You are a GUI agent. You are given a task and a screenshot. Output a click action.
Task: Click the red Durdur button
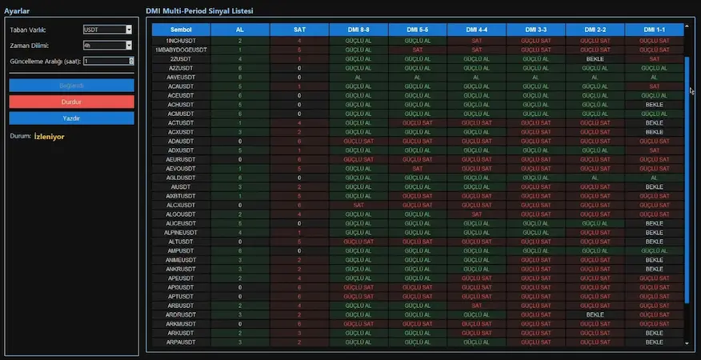(x=71, y=102)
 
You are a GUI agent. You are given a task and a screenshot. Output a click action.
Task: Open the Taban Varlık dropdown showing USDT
(x=107, y=30)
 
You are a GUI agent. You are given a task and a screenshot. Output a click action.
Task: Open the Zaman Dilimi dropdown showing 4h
(x=107, y=46)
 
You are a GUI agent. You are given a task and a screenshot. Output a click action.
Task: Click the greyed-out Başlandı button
(x=71, y=85)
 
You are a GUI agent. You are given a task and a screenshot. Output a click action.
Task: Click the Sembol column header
(x=181, y=30)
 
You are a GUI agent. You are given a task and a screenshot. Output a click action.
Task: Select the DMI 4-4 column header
(x=477, y=30)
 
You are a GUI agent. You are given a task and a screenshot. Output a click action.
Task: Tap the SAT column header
(x=298, y=30)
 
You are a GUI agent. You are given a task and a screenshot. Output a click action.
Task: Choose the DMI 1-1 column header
(x=654, y=30)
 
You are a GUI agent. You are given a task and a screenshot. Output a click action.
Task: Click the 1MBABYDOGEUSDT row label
(x=181, y=50)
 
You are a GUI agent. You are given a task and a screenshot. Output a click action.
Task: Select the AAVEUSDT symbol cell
(x=181, y=77)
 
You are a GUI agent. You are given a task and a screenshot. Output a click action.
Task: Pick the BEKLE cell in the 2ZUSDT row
(x=595, y=58)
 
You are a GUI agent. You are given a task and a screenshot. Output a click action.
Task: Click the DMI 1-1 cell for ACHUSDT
(x=654, y=104)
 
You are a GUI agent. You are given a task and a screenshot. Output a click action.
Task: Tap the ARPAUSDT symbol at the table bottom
(x=181, y=342)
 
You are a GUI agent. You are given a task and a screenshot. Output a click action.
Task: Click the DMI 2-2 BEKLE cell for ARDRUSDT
(x=595, y=315)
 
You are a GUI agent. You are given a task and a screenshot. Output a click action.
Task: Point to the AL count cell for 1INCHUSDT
(x=239, y=40)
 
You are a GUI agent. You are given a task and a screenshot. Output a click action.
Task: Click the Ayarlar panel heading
(x=18, y=11)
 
